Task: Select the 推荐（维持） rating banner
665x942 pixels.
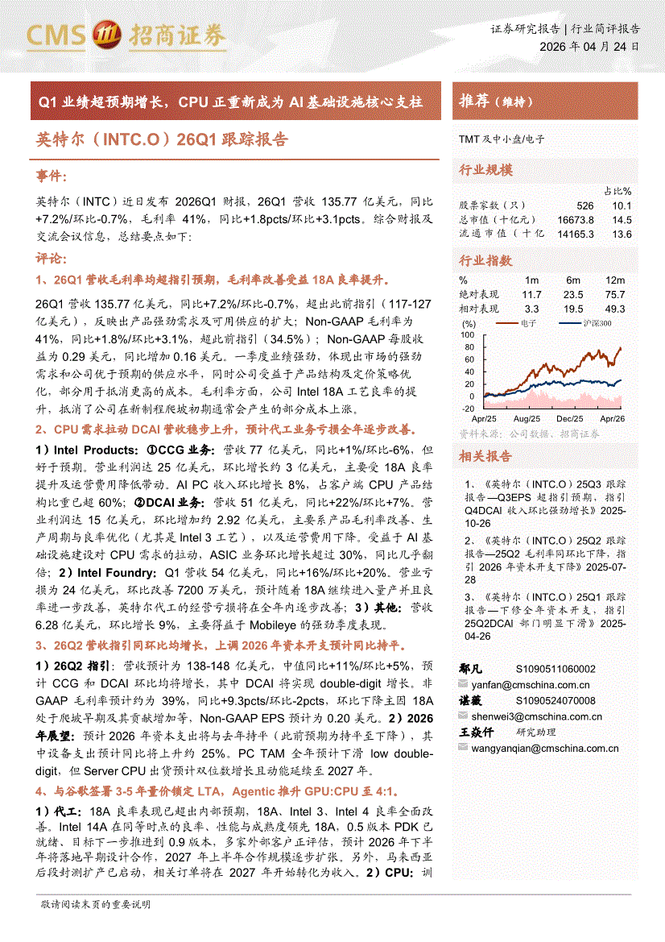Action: pos(496,102)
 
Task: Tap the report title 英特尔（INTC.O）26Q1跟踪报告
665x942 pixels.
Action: pos(162,139)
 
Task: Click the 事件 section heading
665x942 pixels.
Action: pos(52,176)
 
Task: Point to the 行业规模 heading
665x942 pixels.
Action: pos(485,171)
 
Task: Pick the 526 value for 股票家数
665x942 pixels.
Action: pos(584,206)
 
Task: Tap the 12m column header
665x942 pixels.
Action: pos(616,280)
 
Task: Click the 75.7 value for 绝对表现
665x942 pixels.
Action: pos(616,294)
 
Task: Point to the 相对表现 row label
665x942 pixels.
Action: pos(478,309)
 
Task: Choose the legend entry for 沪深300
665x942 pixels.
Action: pos(595,322)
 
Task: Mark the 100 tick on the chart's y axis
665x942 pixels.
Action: pos(468,334)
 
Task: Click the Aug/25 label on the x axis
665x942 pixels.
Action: pos(526,419)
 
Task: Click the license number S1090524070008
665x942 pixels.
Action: pos(556,701)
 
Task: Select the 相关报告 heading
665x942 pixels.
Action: pos(485,456)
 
